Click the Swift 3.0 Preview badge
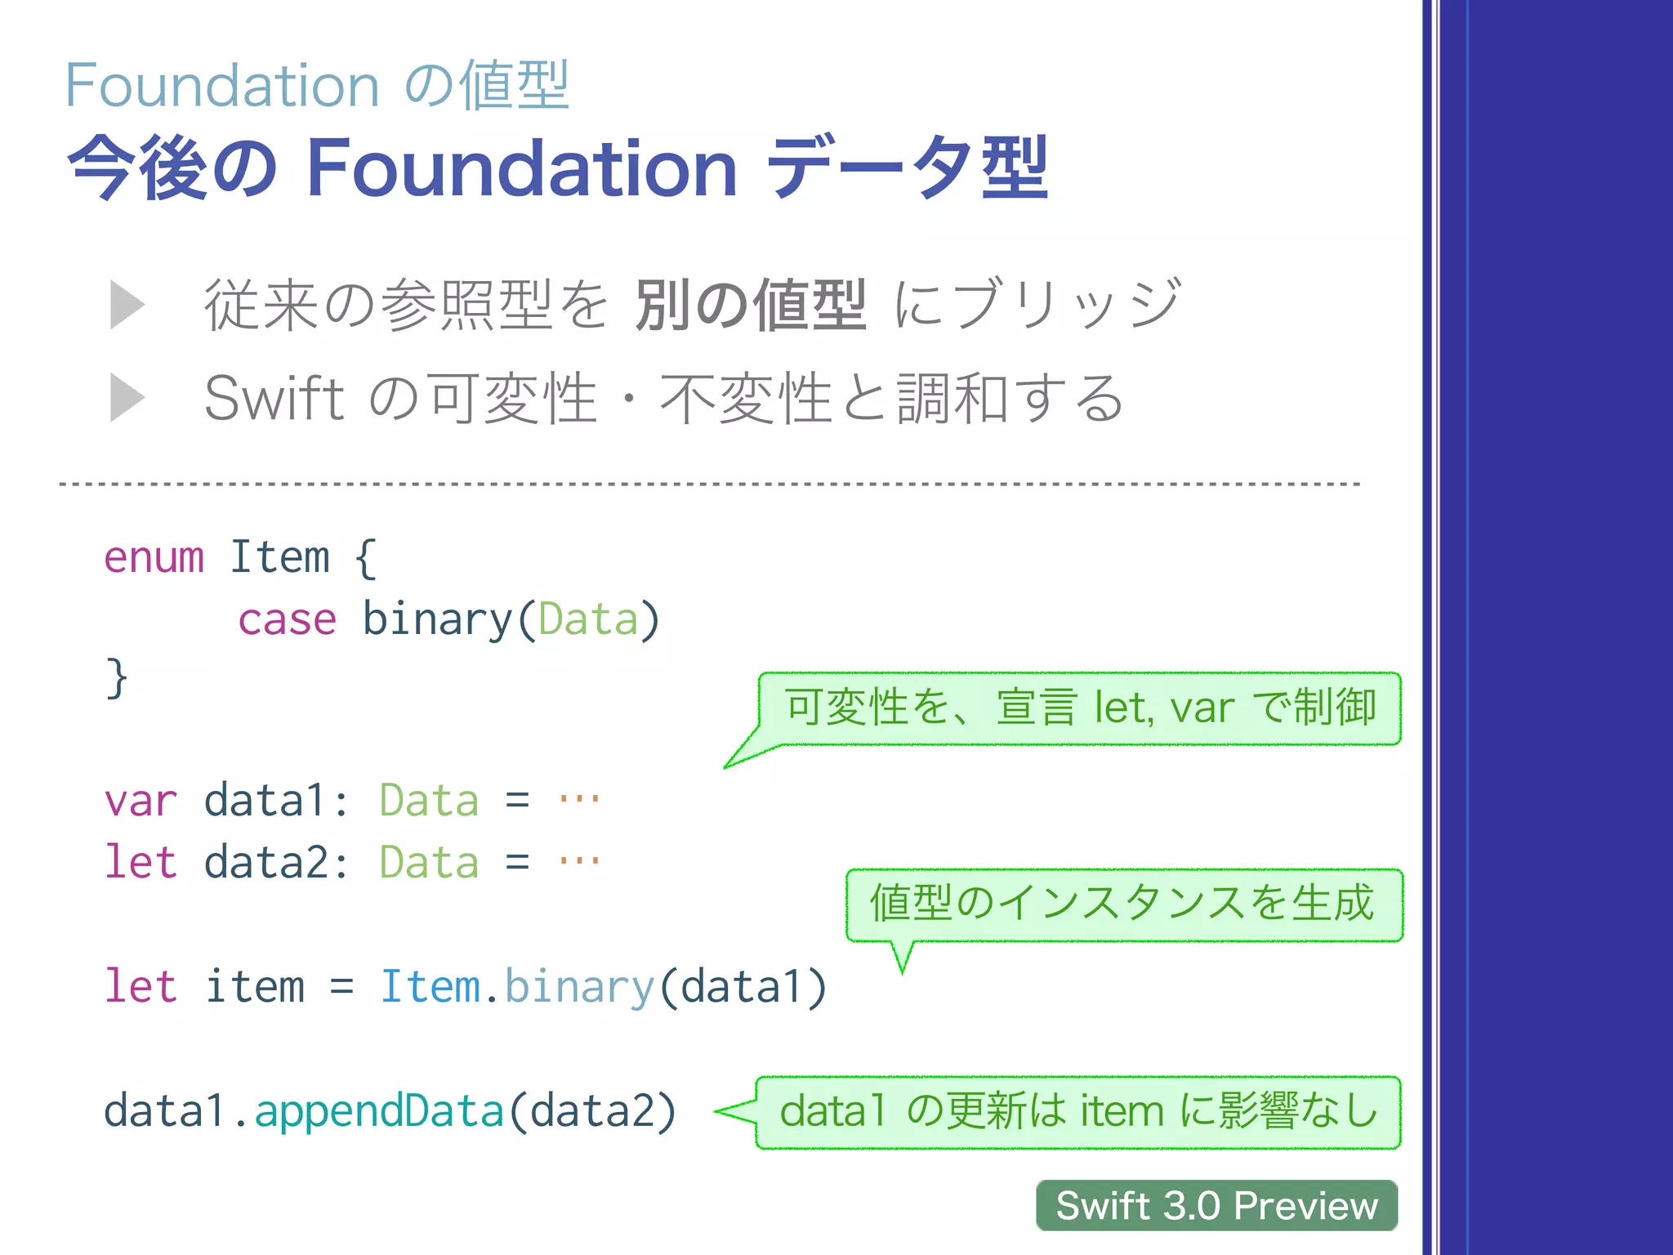tap(1216, 1205)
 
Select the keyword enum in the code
tap(154, 558)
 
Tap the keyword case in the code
tap(287, 619)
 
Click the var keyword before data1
tap(141, 801)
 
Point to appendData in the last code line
tap(379, 1111)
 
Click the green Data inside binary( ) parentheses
tap(588, 619)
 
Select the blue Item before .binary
tap(431, 986)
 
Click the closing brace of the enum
tap(117, 678)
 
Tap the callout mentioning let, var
tap(1080, 708)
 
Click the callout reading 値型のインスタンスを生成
tap(1124, 904)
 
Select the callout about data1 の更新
tap(1078, 1112)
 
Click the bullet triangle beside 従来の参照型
tap(127, 305)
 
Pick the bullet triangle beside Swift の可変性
tap(127, 398)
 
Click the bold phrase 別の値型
tap(751, 305)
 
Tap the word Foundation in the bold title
tap(522, 168)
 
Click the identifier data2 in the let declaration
tap(266, 863)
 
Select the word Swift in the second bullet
tap(274, 398)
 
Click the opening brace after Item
tap(366, 558)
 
